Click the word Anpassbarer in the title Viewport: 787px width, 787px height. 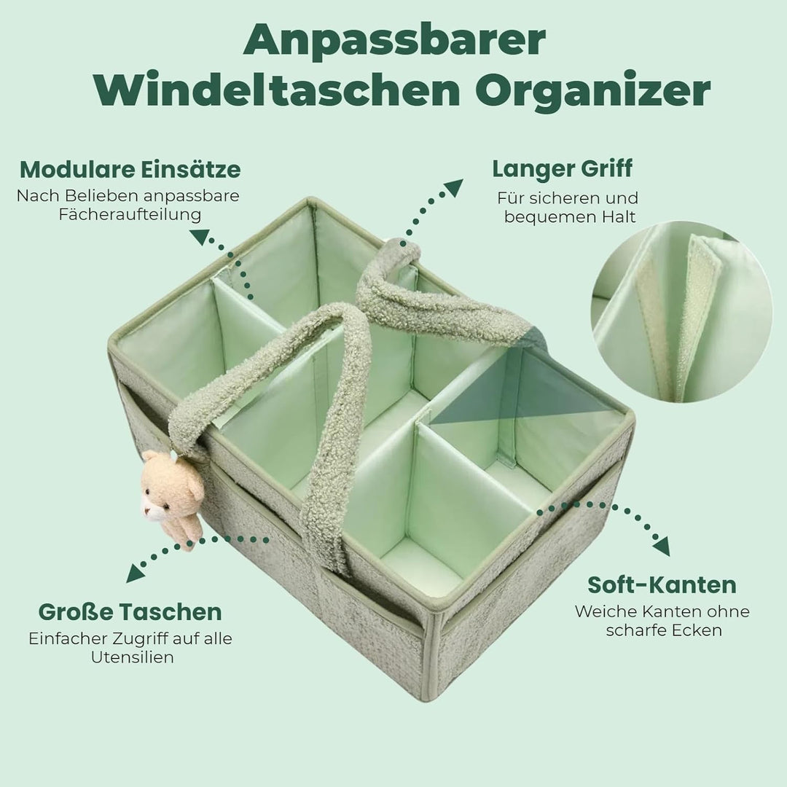click(x=393, y=42)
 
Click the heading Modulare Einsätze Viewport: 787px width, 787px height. click(x=130, y=170)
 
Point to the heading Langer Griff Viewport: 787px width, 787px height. click(x=562, y=168)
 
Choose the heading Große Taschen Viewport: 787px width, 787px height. click(x=130, y=611)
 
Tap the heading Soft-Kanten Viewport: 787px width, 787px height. click(x=662, y=584)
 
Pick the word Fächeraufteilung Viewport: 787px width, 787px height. click(x=130, y=215)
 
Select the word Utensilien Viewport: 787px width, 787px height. click(x=131, y=657)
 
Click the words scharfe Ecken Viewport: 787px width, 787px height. click(x=663, y=630)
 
